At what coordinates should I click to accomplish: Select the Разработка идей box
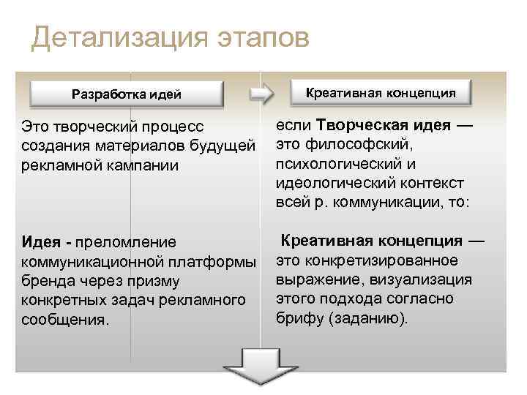[x=126, y=94]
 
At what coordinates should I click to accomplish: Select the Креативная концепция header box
[x=381, y=93]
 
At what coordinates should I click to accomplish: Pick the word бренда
[x=46, y=281]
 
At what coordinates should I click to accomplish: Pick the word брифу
[x=297, y=319]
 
